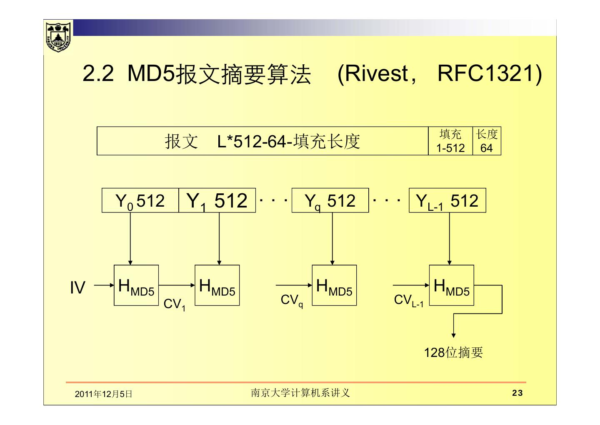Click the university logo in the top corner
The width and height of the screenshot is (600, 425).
58,37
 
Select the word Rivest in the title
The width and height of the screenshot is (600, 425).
373,74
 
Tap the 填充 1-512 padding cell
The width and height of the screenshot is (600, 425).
450,141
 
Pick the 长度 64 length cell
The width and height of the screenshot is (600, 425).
487,141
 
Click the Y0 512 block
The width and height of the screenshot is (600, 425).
140,201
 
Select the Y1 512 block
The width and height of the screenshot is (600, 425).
217,201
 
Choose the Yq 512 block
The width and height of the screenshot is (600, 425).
330,201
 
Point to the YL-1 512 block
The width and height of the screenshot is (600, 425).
447,201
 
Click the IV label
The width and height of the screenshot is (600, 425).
77,288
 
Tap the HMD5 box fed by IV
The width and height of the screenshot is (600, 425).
136,286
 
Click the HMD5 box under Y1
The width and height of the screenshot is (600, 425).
217,286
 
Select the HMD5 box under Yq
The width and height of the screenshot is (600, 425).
334,286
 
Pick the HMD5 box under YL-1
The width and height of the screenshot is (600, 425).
451,286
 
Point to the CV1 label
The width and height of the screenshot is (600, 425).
174,304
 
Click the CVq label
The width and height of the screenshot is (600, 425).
292,301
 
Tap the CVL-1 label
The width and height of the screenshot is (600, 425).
408,301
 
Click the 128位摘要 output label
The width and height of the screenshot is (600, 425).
453,353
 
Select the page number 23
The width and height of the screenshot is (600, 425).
517,393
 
